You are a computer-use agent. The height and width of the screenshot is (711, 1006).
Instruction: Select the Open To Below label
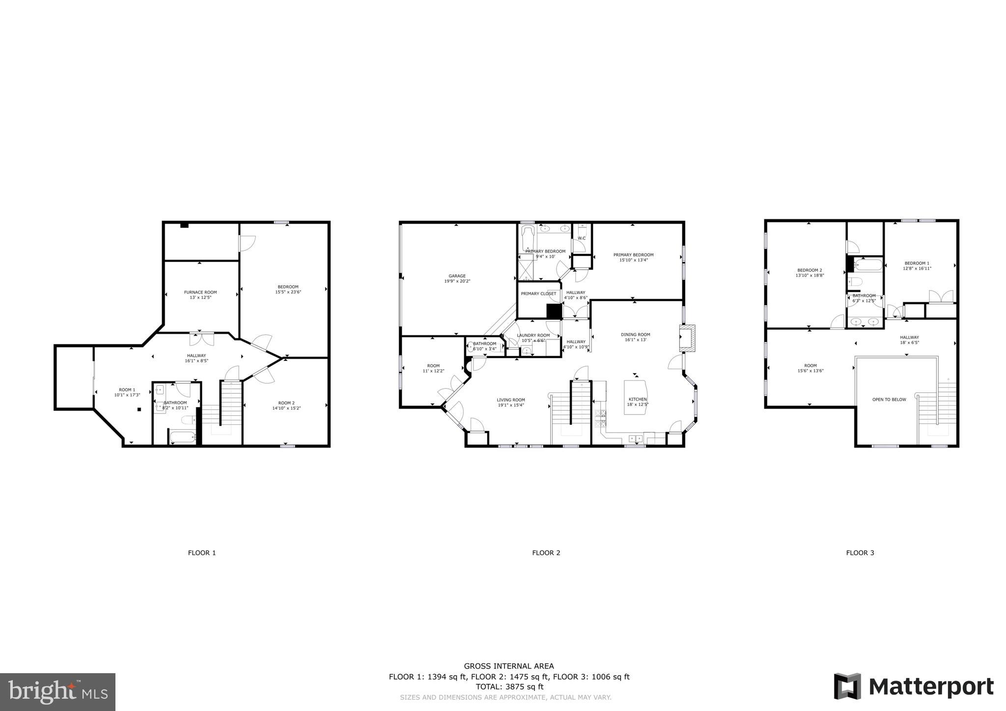[x=889, y=400]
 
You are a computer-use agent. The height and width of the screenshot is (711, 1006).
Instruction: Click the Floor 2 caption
[x=546, y=553]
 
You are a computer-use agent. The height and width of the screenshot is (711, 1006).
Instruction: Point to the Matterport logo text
[x=931, y=687]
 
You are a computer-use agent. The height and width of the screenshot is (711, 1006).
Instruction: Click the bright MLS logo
[x=57, y=692]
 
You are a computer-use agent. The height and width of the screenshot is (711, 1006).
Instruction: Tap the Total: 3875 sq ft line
[x=509, y=687]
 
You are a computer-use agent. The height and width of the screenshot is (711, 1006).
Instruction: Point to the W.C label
[x=581, y=238]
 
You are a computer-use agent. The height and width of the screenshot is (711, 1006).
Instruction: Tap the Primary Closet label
[x=538, y=294]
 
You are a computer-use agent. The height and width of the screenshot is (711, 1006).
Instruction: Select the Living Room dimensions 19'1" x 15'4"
[x=511, y=406]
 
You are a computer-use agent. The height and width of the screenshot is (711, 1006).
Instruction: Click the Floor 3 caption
[x=860, y=553]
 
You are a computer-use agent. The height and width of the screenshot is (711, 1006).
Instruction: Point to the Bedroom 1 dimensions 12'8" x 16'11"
[x=917, y=269]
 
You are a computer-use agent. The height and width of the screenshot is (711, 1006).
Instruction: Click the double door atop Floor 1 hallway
[x=202, y=339]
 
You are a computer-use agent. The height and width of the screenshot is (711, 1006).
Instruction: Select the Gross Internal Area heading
[x=509, y=666]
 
